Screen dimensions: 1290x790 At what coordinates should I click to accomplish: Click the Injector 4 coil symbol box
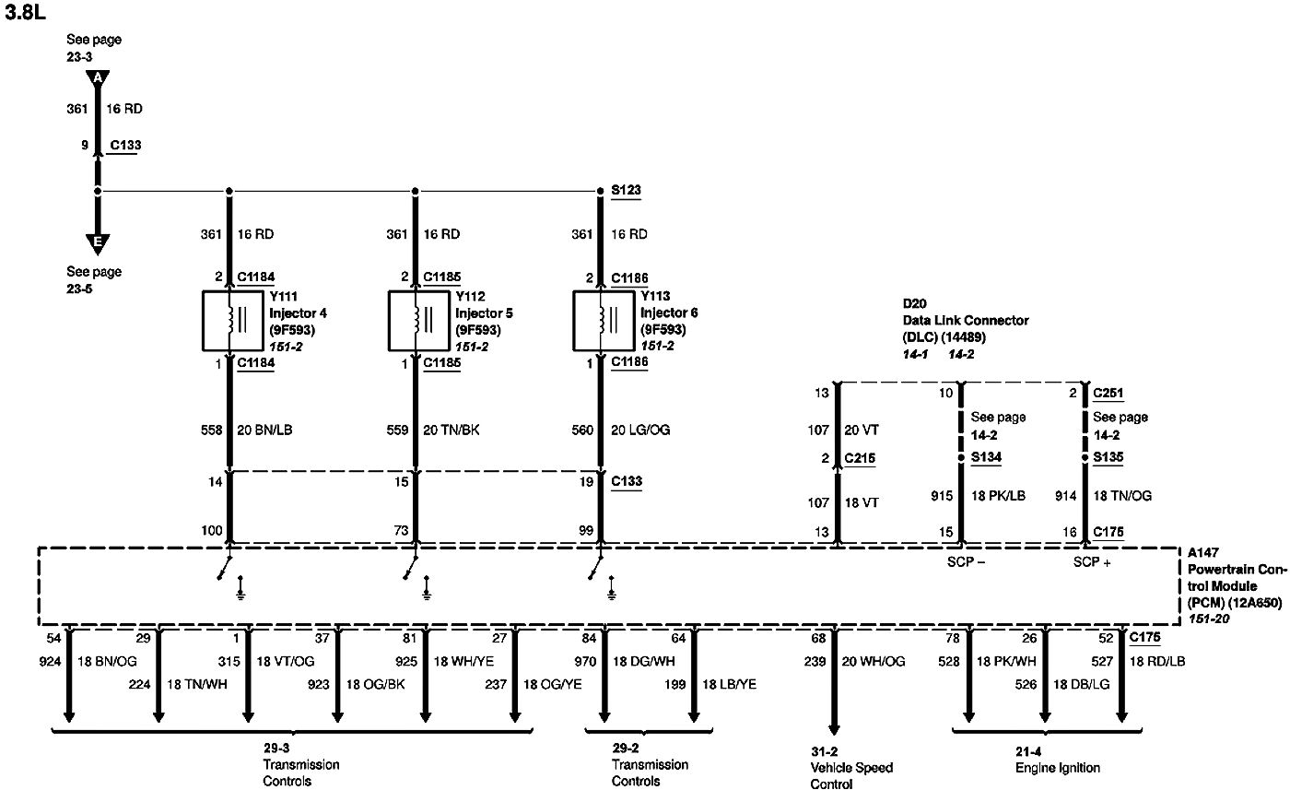click(203, 321)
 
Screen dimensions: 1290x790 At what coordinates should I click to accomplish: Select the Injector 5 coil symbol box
click(389, 321)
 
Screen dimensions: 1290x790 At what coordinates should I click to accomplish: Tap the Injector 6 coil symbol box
click(573, 321)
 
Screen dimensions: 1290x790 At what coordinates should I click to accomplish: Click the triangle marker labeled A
click(98, 79)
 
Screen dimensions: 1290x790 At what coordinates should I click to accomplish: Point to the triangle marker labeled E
click(98, 243)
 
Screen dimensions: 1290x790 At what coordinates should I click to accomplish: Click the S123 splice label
click(626, 190)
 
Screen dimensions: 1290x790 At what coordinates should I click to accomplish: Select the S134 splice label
click(986, 457)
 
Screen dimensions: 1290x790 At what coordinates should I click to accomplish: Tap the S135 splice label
click(1108, 457)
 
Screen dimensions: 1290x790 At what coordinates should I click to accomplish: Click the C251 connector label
click(1108, 393)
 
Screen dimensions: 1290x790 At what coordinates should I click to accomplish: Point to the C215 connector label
click(860, 458)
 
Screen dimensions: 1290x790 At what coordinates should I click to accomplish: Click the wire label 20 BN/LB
click(264, 430)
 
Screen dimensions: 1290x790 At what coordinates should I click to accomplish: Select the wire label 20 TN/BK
click(451, 430)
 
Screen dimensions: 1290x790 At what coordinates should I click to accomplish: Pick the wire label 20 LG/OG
click(640, 430)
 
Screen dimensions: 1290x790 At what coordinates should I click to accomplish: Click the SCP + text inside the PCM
click(1092, 561)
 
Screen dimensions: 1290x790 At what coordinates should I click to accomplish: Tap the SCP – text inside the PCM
click(966, 561)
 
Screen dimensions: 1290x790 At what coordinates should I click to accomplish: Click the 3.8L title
click(25, 12)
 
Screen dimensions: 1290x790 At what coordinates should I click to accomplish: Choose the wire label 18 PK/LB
click(998, 496)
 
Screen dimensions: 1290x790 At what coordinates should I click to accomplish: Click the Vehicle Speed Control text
click(851, 775)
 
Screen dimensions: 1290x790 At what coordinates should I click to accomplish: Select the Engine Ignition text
click(1058, 768)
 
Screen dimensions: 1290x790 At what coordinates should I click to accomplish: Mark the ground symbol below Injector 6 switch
click(612, 589)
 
